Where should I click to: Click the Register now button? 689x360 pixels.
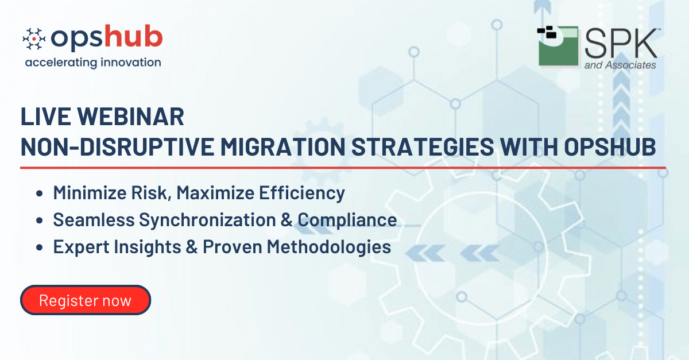(86, 300)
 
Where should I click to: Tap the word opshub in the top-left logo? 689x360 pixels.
(106, 38)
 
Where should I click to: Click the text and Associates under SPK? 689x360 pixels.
(620, 65)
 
